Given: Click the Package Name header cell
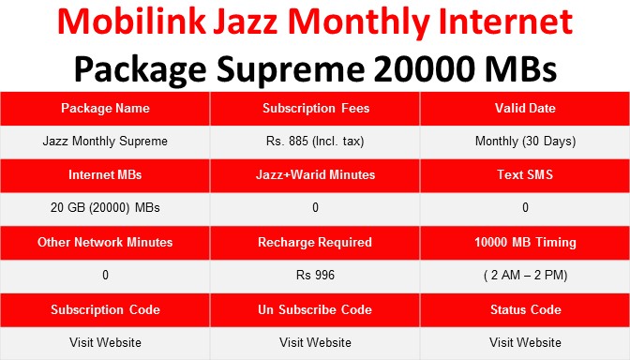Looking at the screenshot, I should point(105,108).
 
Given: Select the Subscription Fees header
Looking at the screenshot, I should point(315,108).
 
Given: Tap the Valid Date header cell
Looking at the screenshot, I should point(525,108).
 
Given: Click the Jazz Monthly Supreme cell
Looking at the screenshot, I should point(105,142).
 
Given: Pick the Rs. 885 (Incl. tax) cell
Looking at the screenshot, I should point(315,142).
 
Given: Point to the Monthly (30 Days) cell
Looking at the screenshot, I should point(525,142).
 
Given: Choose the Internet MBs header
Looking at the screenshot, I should point(105,174).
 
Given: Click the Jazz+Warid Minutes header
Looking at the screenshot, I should point(315,174).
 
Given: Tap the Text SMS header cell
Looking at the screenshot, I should point(525,174).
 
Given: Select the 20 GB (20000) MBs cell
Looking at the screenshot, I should point(105,208).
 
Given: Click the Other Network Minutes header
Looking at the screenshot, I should point(105,242).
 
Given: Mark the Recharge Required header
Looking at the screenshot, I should point(315,242).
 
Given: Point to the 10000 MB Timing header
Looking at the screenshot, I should point(525,242).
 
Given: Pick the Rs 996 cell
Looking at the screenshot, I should point(315,276).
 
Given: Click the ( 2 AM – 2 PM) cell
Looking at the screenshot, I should point(525,276).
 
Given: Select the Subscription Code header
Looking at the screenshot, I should point(105,309).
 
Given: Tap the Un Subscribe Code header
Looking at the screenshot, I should point(315,309).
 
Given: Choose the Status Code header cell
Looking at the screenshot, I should point(525,309).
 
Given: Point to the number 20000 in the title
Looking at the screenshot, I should point(426,67).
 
